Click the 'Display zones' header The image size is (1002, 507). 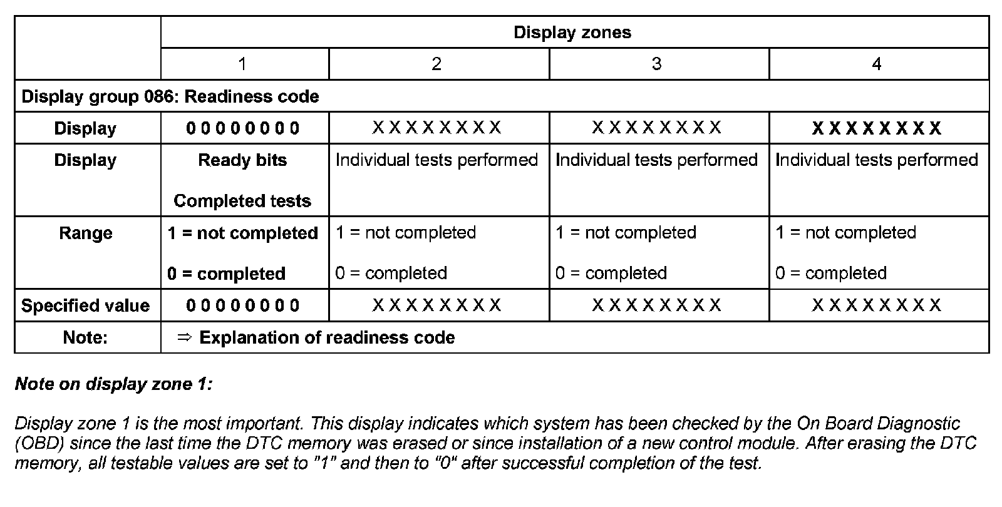tap(572, 33)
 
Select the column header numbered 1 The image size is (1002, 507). tap(242, 64)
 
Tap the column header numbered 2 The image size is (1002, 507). tap(436, 64)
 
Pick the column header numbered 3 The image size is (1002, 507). tap(656, 64)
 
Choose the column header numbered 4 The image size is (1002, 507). tap(877, 64)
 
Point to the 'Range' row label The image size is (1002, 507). tap(86, 233)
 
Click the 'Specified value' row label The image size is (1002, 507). tap(86, 305)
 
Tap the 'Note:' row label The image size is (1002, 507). tap(86, 337)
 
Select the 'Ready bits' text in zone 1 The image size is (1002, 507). tap(242, 160)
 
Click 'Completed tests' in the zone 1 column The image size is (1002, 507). tap(242, 201)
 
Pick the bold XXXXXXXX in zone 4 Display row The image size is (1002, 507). tap(877, 128)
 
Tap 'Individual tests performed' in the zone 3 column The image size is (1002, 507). tap(656, 160)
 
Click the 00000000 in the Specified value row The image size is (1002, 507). tap(242, 305)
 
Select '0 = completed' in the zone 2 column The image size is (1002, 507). tap(391, 273)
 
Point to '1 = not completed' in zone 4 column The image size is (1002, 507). tap(845, 233)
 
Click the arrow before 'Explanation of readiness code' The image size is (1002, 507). tap(183, 337)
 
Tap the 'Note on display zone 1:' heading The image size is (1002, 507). tap(114, 384)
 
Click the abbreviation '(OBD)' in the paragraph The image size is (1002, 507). tap(39, 444)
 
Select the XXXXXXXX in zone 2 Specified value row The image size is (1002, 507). tap(436, 305)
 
